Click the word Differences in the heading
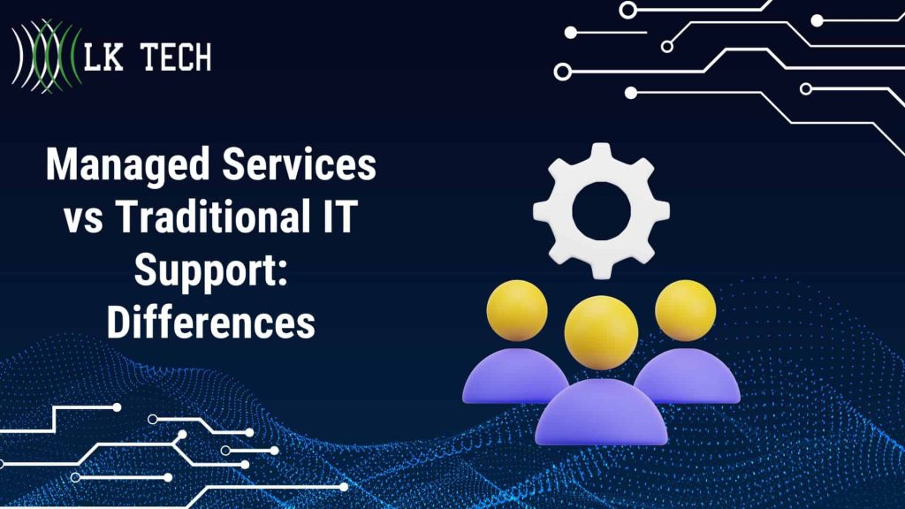point(210,323)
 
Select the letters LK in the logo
point(101,58)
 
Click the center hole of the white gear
point(601,209)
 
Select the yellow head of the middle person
point(601,332)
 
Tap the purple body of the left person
point(504,376)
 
